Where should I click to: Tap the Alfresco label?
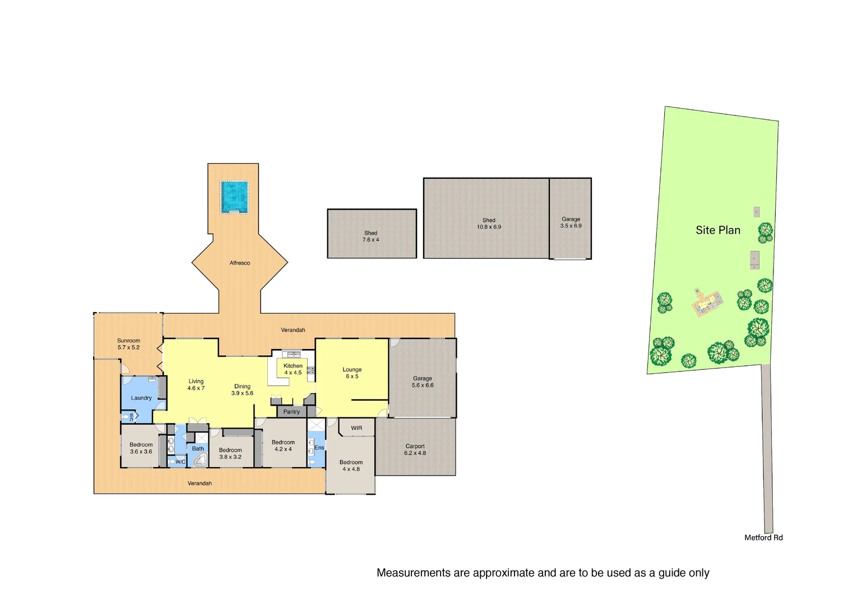[x=239, y=263]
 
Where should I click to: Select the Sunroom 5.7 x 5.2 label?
[x=128, y=344]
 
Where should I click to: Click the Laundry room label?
[x=141, y=398]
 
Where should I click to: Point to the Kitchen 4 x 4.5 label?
[x=293, y=369]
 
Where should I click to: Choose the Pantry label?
[x=291, y=412]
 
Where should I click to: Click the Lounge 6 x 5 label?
[x=352, y=373]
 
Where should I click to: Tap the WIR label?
[x=356, y=428]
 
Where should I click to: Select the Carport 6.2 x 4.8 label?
[x=415, y=450]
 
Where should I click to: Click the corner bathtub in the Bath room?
[x=200, y=460]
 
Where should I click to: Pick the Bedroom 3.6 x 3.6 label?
[x=141, y=448]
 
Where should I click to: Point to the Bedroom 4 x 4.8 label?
[x=351, y=466]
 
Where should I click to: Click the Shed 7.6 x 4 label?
[x=370, y=236]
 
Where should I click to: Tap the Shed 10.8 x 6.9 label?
[x=489, y=224]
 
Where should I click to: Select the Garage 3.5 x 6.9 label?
[x=571, y=222]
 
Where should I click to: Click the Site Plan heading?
[x=717, y=230]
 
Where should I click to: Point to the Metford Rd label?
[x=763, y=537]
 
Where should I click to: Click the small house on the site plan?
[x=707, y=303]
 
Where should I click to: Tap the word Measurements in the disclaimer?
[x=414, y=573]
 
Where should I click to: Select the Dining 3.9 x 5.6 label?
[x=242, y=390]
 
